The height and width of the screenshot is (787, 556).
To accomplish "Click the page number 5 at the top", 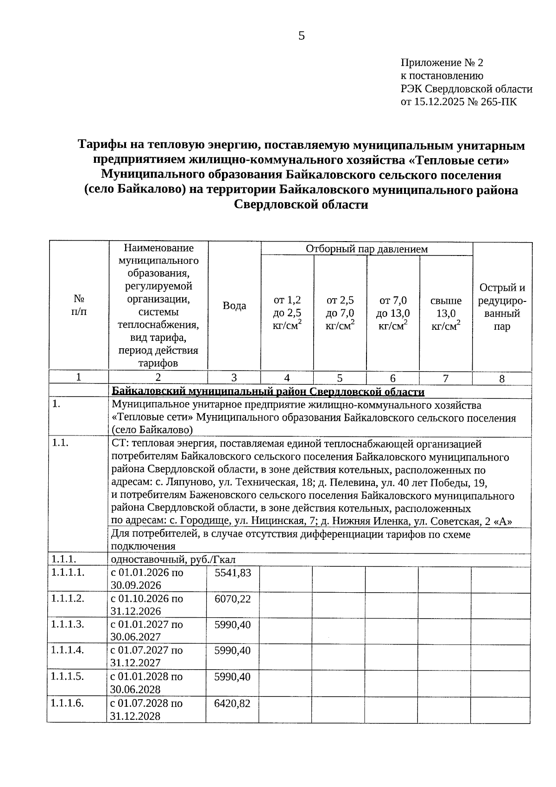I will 302,36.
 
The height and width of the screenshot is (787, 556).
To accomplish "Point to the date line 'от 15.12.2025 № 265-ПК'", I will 459,102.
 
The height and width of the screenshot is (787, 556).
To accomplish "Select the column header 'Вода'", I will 234,306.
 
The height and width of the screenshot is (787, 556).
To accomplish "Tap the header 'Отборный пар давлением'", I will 366,249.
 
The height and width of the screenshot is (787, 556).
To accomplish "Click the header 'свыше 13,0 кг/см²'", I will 446,313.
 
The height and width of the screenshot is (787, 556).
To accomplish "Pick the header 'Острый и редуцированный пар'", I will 502,307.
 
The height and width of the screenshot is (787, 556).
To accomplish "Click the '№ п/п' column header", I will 79,306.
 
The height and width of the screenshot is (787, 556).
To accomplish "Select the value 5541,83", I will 233,573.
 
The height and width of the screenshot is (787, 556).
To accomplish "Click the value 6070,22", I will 233,599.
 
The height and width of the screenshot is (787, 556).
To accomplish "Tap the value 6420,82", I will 233,704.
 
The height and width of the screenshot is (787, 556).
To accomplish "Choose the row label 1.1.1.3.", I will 68,624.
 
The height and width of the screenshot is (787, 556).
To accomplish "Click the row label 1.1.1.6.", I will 68,703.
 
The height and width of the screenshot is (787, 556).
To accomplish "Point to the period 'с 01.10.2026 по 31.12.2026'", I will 147,605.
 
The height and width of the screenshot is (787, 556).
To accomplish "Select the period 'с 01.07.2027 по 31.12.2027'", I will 147,656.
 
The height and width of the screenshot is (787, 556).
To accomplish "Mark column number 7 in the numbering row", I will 445,378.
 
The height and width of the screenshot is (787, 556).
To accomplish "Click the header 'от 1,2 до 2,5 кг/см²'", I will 287,313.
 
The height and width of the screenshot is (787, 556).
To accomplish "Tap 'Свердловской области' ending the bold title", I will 301,205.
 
